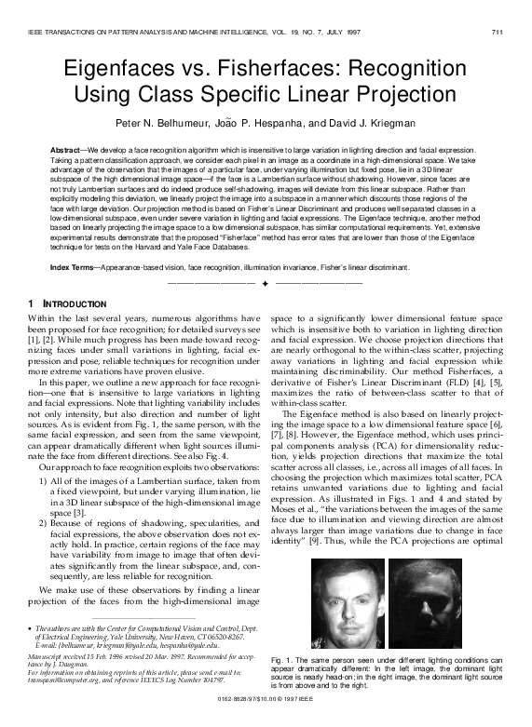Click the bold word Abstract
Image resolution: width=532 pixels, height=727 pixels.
click(x=67, y=149)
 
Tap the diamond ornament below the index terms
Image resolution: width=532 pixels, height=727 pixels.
click(x=266, y=281)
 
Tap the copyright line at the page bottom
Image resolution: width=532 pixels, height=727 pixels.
click(x=266, y=711)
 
